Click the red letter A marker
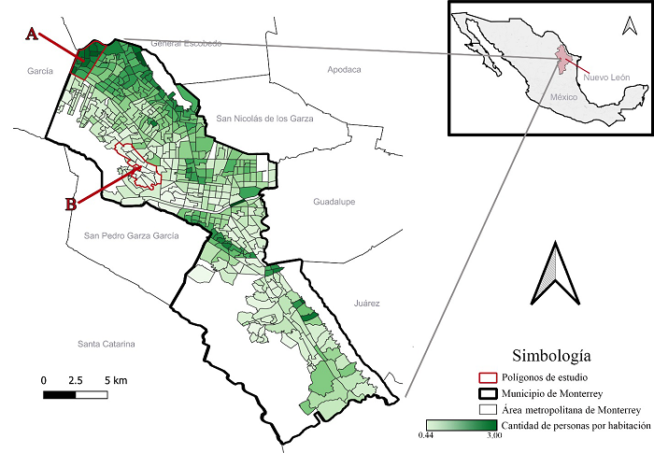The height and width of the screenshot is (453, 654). (32, 34)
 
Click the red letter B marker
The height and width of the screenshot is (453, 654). (70, 205)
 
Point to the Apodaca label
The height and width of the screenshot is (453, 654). (344, 70)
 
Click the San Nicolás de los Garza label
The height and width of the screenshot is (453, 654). (265, 119)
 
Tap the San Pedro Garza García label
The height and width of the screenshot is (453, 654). (131, 236)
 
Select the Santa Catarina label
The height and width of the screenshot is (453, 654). (107, 345)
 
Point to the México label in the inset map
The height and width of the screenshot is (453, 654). (564, 97)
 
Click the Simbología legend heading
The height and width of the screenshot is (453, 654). (550, 355)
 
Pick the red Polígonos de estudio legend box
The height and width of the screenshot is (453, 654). (486, 376)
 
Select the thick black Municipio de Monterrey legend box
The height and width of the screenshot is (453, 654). (486, 392)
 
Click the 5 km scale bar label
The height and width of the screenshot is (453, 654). (117, 381)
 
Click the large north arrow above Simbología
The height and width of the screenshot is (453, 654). (553, 273)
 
